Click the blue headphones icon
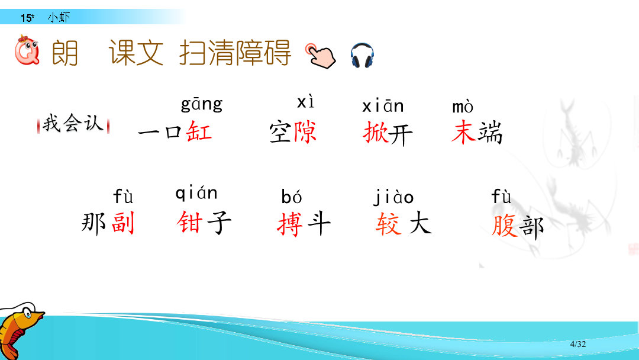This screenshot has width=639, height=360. pos(362,55)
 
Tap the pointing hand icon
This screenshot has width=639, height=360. pos(321,56)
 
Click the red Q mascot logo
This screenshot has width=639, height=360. pos(27,50)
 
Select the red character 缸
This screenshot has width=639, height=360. pos(199,131)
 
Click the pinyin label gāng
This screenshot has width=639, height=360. pos(202,104)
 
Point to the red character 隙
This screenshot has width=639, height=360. pos(304,131)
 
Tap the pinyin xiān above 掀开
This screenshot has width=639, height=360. pos(383,106)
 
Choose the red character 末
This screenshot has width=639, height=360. pos(464,132)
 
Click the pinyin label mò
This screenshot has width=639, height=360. pos(463,107)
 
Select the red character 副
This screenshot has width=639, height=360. pos(122,223)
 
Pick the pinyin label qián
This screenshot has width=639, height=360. pos(196,193)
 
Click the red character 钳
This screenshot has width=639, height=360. pos(189,222)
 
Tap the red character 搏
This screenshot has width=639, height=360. pos(290,224)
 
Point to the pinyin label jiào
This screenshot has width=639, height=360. pos(394,197)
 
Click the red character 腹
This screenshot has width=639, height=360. pos(504,226)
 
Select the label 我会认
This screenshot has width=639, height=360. pos(73,123)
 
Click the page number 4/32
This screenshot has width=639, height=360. pos(578,344)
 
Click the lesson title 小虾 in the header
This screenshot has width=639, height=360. pos(59,17)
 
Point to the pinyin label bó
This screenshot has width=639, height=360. pos(291,197)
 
